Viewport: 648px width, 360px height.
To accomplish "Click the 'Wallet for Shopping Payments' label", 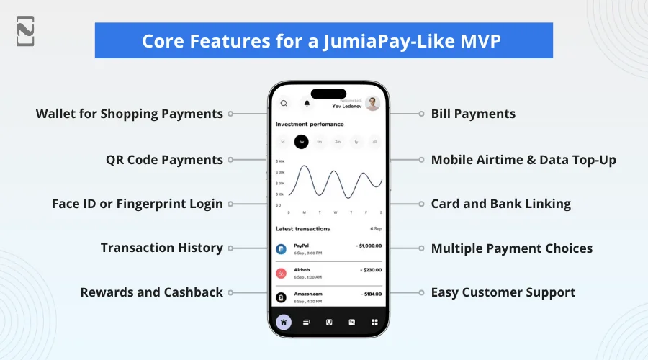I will [x=130, y=114].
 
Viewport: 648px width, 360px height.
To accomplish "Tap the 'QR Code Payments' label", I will [x=164, y=159].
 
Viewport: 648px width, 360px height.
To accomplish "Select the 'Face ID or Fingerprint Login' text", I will [x=137, y=204].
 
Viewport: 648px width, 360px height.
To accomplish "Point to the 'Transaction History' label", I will [x=161, y=248].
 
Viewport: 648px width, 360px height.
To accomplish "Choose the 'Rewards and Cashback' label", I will [x=151, y=292].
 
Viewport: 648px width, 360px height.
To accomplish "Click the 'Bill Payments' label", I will [x=473, y=114].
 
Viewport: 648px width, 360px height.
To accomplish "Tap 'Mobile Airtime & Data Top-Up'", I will [x=523, y=159].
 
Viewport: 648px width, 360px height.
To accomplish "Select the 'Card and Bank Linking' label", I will [x=500, y=204].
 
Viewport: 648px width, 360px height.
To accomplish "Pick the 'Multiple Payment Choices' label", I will [x=511, y=248].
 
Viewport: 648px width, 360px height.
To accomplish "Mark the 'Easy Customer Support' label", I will [x=503, y=292].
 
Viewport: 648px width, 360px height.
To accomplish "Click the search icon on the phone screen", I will [x=284, y=104].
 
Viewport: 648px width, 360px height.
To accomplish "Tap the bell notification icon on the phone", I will [x=307, y=104].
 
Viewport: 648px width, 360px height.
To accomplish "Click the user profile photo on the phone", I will [x=372, y=104].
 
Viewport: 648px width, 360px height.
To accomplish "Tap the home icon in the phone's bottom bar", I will [x=284, y=323].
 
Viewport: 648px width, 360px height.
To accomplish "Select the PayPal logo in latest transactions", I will [x=281, y=249].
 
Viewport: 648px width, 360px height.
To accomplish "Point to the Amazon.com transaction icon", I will [x=281, y=296].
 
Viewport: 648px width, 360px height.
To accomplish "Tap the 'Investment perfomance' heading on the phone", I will [x=310, y=124].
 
